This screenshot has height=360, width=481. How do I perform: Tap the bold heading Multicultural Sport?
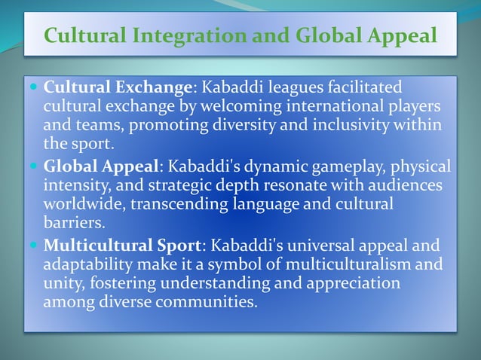point(124,245)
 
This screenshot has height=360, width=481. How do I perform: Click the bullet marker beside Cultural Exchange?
point(35,87)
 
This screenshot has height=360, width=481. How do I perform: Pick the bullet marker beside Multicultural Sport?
point(35,246)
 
